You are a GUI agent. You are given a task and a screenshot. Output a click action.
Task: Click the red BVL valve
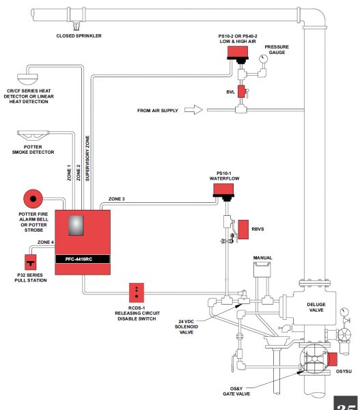point(241,92)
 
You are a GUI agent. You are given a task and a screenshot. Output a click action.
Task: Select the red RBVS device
point(243,230)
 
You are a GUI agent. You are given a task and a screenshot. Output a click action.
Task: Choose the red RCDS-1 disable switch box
point(138,292)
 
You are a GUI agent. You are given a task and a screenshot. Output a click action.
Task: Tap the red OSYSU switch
point(333,359)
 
